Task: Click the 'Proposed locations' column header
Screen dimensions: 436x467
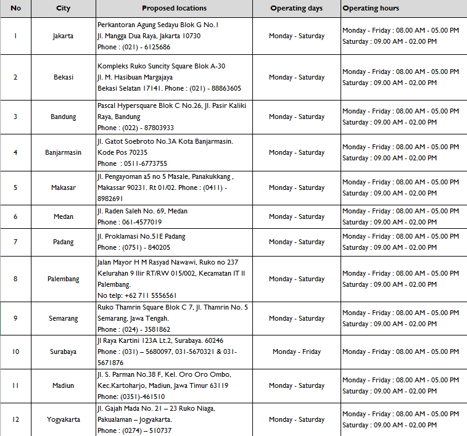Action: [x=174, y=9]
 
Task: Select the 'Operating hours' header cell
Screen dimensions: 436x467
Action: [x=371, y=9]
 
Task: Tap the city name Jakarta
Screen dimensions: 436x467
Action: [x=63, y=36]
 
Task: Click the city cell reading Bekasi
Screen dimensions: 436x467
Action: [x=63, y=77]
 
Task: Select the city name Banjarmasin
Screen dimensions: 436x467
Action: [x=63, y=152]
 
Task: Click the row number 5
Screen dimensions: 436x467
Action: [x=15, y=187]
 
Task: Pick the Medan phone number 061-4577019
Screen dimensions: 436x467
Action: [x=138, y=222]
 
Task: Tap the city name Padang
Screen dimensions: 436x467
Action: [x=63, y=242]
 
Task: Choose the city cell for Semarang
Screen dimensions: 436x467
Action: [x=63, y=318]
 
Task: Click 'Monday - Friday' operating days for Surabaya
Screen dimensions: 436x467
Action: [x=297, y=352]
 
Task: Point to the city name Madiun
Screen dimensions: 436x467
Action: [x=63, y=385]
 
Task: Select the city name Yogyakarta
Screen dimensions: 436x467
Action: [x=63, y=419]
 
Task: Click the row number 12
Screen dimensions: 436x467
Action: [x=15, y=419]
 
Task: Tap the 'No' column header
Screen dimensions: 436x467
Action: [x=15, y=9]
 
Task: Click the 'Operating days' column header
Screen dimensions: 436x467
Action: [x=297, y=9]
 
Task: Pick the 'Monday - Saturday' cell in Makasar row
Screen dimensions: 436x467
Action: [x=297, y=187]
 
